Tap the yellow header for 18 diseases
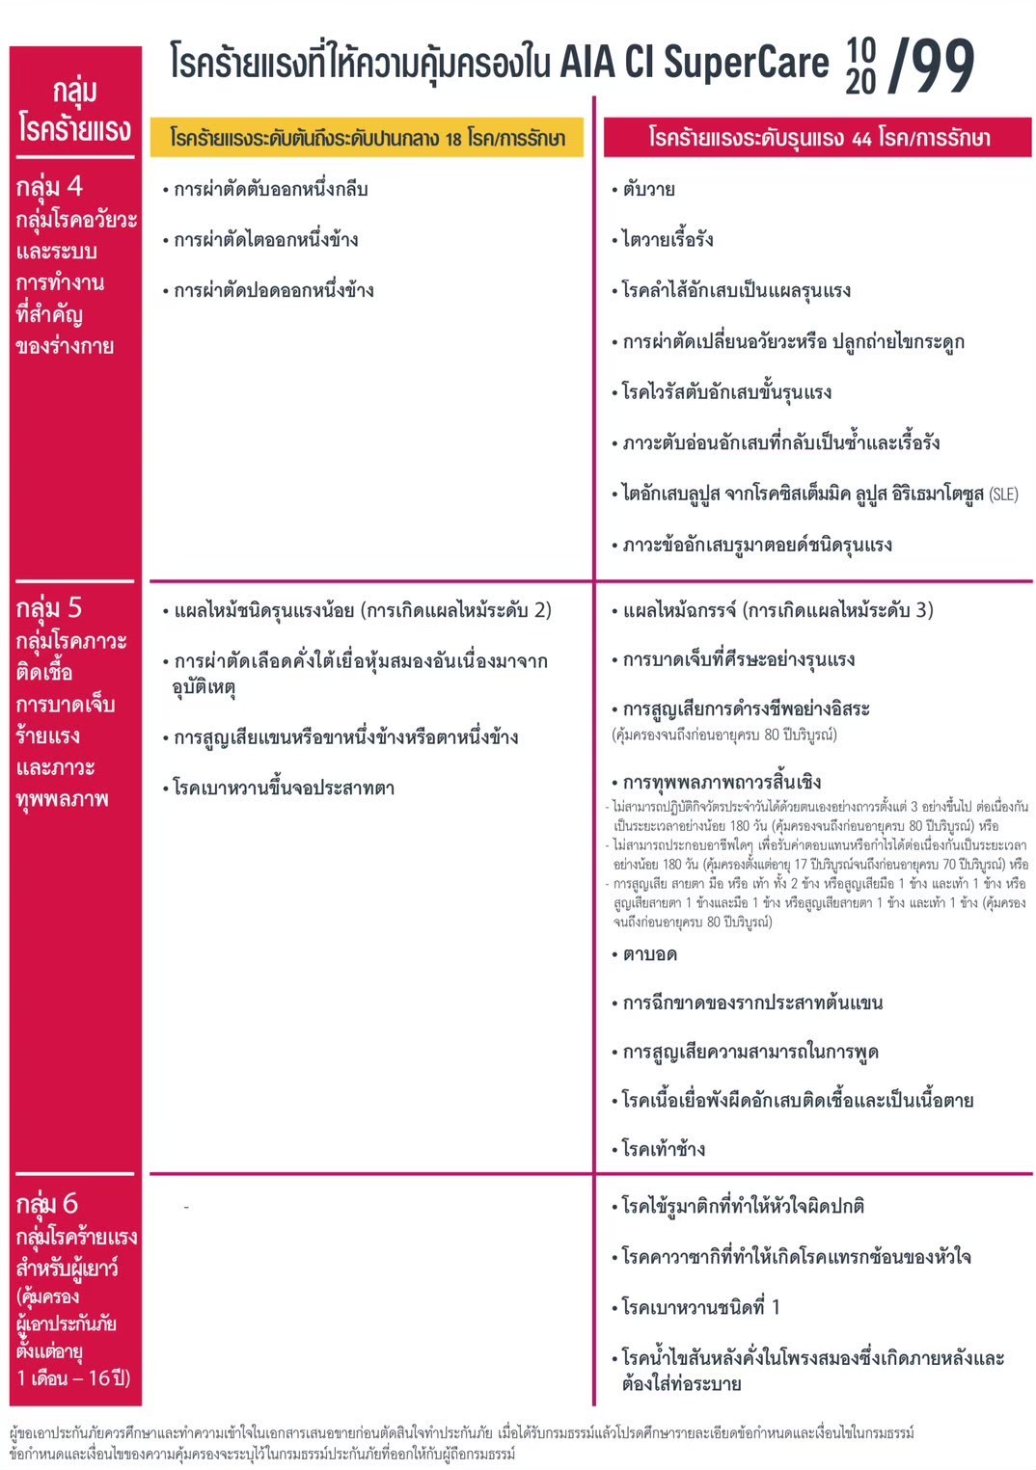click(x=367, y=138)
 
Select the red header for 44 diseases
click(x=818, y=138)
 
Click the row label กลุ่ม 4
click(x=49, y=186)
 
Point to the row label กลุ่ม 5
click(x=49, y=608)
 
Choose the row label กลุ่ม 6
click(x=47, y=1204)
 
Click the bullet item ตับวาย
click(x=648, y=190)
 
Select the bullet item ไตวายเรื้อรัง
click(x=668, y=240)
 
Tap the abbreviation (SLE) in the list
click(x=1003, y=494)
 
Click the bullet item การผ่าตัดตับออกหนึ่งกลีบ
click(x=270, y=190)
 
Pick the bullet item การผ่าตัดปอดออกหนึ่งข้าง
click(x=273, y=291)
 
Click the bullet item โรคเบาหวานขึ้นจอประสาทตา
click(x=284, y=788)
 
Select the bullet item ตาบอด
click(x=649, y=955)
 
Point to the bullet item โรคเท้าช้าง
click(x=664, y=1149)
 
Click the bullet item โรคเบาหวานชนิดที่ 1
click(x=700, y=1308)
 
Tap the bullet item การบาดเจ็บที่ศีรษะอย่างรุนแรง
click(x=738, y=660)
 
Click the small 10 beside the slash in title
click(x=860, y=48)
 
